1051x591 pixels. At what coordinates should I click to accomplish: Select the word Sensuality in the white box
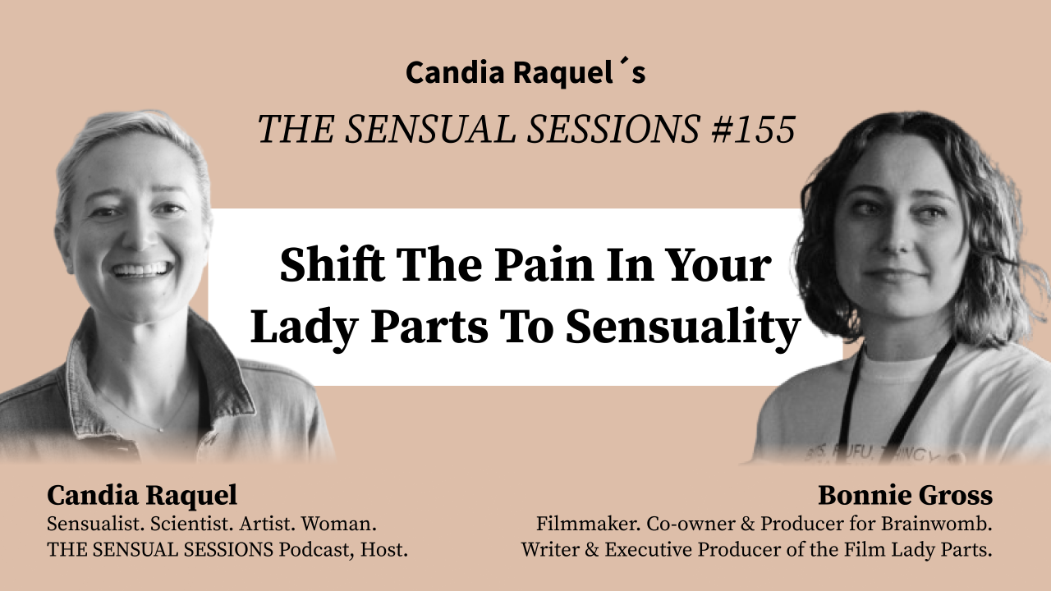(x=683, y=328)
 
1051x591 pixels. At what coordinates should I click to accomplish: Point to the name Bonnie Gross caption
(x=905, y=496)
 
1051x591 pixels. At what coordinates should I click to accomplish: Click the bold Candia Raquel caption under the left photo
(x=142, y=496)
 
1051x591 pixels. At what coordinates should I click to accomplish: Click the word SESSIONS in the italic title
(x=627, y=129)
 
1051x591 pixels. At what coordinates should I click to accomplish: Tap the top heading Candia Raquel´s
(x=525, y=73)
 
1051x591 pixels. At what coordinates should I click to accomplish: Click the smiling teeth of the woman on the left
(x=142, y=268)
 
